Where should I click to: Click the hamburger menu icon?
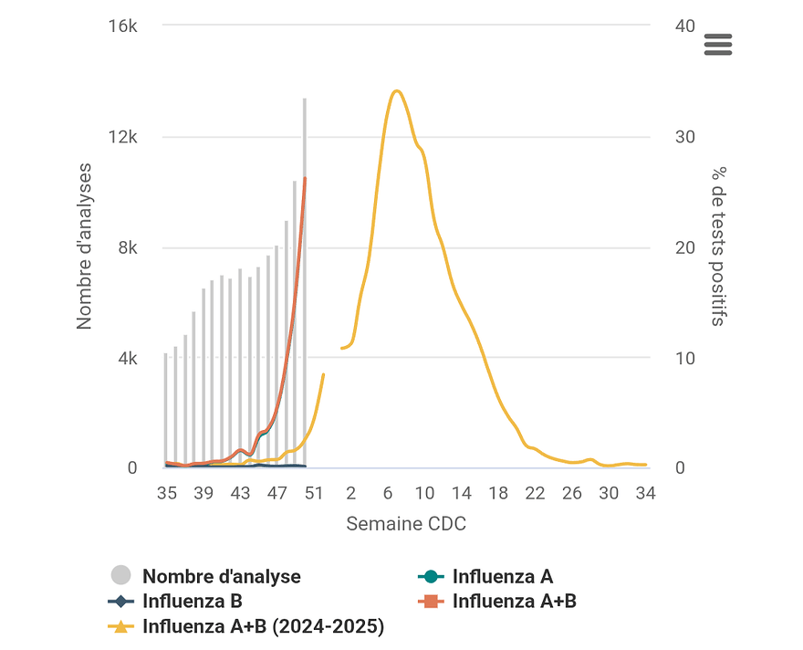(x=718, y=45)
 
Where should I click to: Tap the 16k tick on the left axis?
(x=123, y=26)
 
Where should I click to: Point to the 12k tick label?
(x=123, y=137)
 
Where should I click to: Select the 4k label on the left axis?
(x=127, y=358)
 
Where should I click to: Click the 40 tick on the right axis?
(x=684, y=26)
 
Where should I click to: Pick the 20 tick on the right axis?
(x=684, y=247)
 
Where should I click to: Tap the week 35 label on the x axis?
(x=166, y=493)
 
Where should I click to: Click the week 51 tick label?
(x=314, y=493)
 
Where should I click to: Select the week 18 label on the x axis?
(x=498, y=493)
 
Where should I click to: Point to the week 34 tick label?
(x=645, y=493)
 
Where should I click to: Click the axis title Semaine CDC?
(x=406, y=524)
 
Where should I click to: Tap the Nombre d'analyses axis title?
(x=85, y=246)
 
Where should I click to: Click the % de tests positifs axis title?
(x=719, y=246)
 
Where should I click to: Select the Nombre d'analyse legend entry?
(x=221, y=576)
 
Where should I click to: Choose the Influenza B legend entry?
(x=192, y=601)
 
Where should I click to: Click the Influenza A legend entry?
(x=502, y=576)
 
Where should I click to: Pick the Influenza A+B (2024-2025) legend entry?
(x=263, y=626)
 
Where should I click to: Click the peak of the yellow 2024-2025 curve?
(x=396, y=90)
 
